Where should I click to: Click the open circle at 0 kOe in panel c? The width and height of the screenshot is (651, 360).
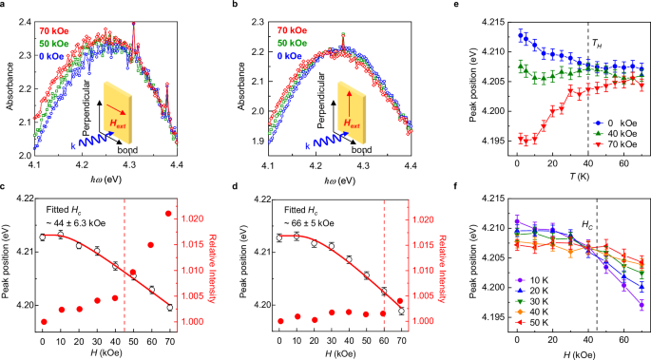(x=44, y=237)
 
